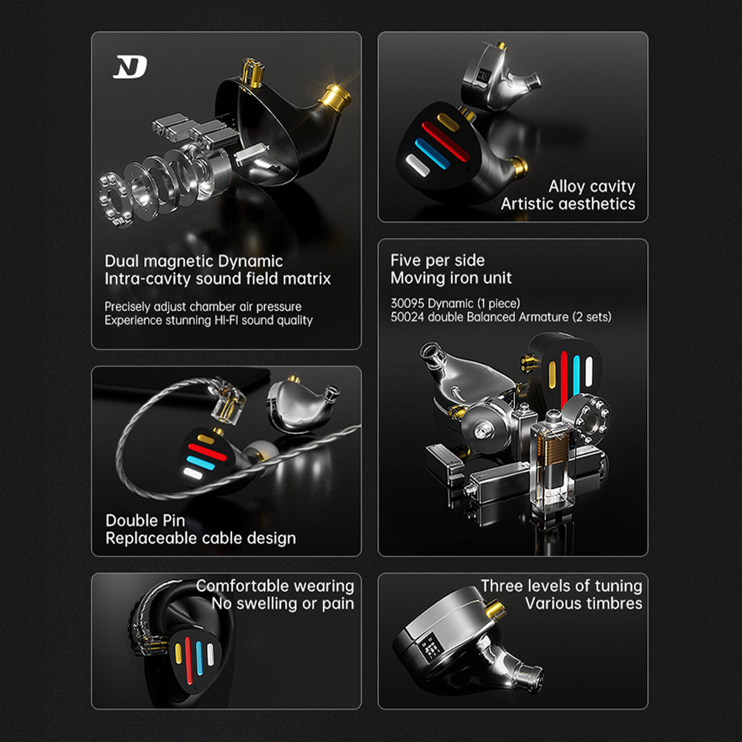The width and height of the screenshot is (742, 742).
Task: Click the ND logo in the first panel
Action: point(130,67)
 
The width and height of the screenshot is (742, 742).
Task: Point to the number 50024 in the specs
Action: point(407,317)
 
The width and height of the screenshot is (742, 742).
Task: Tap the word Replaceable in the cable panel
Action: point(150,539)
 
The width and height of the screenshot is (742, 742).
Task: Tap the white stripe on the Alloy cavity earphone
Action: point(417,165)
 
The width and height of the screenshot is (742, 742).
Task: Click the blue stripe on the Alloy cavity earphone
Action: point(432,154)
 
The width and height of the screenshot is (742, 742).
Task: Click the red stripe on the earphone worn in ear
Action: point(188,660)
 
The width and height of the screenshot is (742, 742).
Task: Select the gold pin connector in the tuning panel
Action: point(495,609)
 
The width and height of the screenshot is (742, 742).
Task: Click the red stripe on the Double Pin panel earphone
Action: point(207,452)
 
